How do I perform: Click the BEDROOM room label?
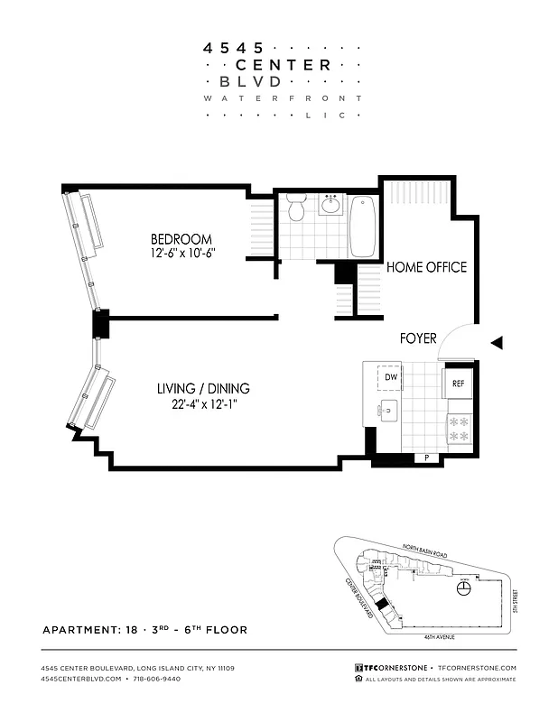point(181,239)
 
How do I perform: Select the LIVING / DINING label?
point(203,389)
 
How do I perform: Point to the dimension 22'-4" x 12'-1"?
point(203,405)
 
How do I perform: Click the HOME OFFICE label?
point(426,267)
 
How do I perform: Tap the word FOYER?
point(418,338)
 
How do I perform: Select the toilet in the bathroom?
point(297,211)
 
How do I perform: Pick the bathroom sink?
point(331,206)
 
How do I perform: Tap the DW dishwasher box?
point(392,377)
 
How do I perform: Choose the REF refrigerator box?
point(458,383)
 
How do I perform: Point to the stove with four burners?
point(459,428)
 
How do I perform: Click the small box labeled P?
point(426,458)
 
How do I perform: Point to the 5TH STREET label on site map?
point(513,597)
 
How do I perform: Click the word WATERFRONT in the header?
point(284,97)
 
